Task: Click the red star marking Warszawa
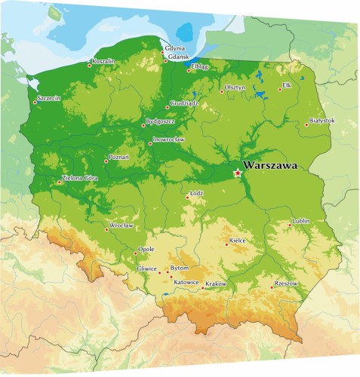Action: coord(238,173)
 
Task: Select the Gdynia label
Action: coord(174,48)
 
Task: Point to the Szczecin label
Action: coord(48,98)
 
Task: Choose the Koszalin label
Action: coord(103,60)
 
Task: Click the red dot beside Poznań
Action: coord(106,161)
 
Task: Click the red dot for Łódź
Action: coord(187,199)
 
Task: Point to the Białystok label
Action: coord(322,121)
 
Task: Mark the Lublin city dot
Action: coord(291,224)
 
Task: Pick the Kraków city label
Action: coord(216,283)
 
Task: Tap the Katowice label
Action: coord(186,283)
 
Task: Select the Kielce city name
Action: coord(237,241)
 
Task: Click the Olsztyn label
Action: coord(236,88)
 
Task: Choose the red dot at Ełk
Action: coord(279,90)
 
